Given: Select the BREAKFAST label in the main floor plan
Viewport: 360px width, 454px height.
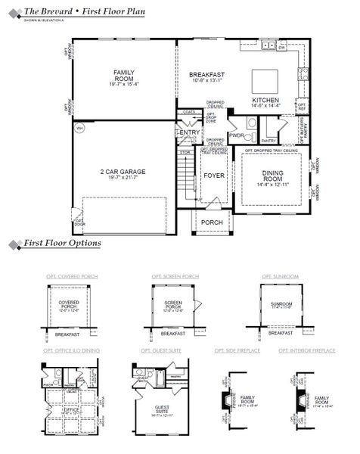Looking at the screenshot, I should click(206, 74).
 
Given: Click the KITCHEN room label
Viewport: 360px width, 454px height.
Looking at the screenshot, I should click(266, 100).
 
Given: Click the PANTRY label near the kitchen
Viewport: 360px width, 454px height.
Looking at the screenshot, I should click(267, 140).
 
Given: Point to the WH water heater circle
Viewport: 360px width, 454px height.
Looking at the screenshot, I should click(79, 129).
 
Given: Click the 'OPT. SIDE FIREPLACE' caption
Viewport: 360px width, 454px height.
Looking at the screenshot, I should click(239, 351).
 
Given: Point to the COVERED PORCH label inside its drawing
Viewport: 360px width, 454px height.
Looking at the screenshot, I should click(69, 304).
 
